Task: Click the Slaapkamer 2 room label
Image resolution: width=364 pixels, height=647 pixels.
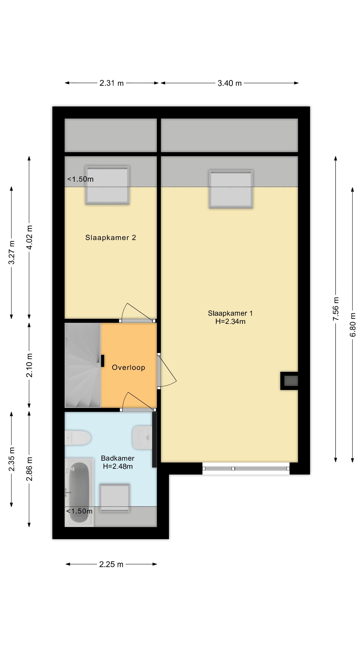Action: (111, 238)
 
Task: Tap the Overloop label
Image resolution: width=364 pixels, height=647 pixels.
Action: (128, 367)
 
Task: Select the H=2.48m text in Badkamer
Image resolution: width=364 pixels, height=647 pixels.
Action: (118, 466)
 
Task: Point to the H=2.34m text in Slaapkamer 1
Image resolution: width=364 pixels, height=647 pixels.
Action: (230, 321)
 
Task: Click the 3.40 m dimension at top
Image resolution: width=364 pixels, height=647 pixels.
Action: (229, 83)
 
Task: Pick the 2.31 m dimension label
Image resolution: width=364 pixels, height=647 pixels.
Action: (112, 83)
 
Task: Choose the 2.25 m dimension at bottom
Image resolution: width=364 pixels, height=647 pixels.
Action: (111, 564)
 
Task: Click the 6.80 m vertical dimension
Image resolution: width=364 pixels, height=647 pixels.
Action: (353, 325)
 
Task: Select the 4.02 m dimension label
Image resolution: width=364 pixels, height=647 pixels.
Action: (29, 237)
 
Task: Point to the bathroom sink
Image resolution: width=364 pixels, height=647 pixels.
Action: (142, 437)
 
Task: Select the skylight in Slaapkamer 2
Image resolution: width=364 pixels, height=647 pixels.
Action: (107, 185)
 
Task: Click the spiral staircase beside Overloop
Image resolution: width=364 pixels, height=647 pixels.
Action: (82, 365)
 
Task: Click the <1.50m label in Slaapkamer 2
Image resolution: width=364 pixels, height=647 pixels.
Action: (80, 179)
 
